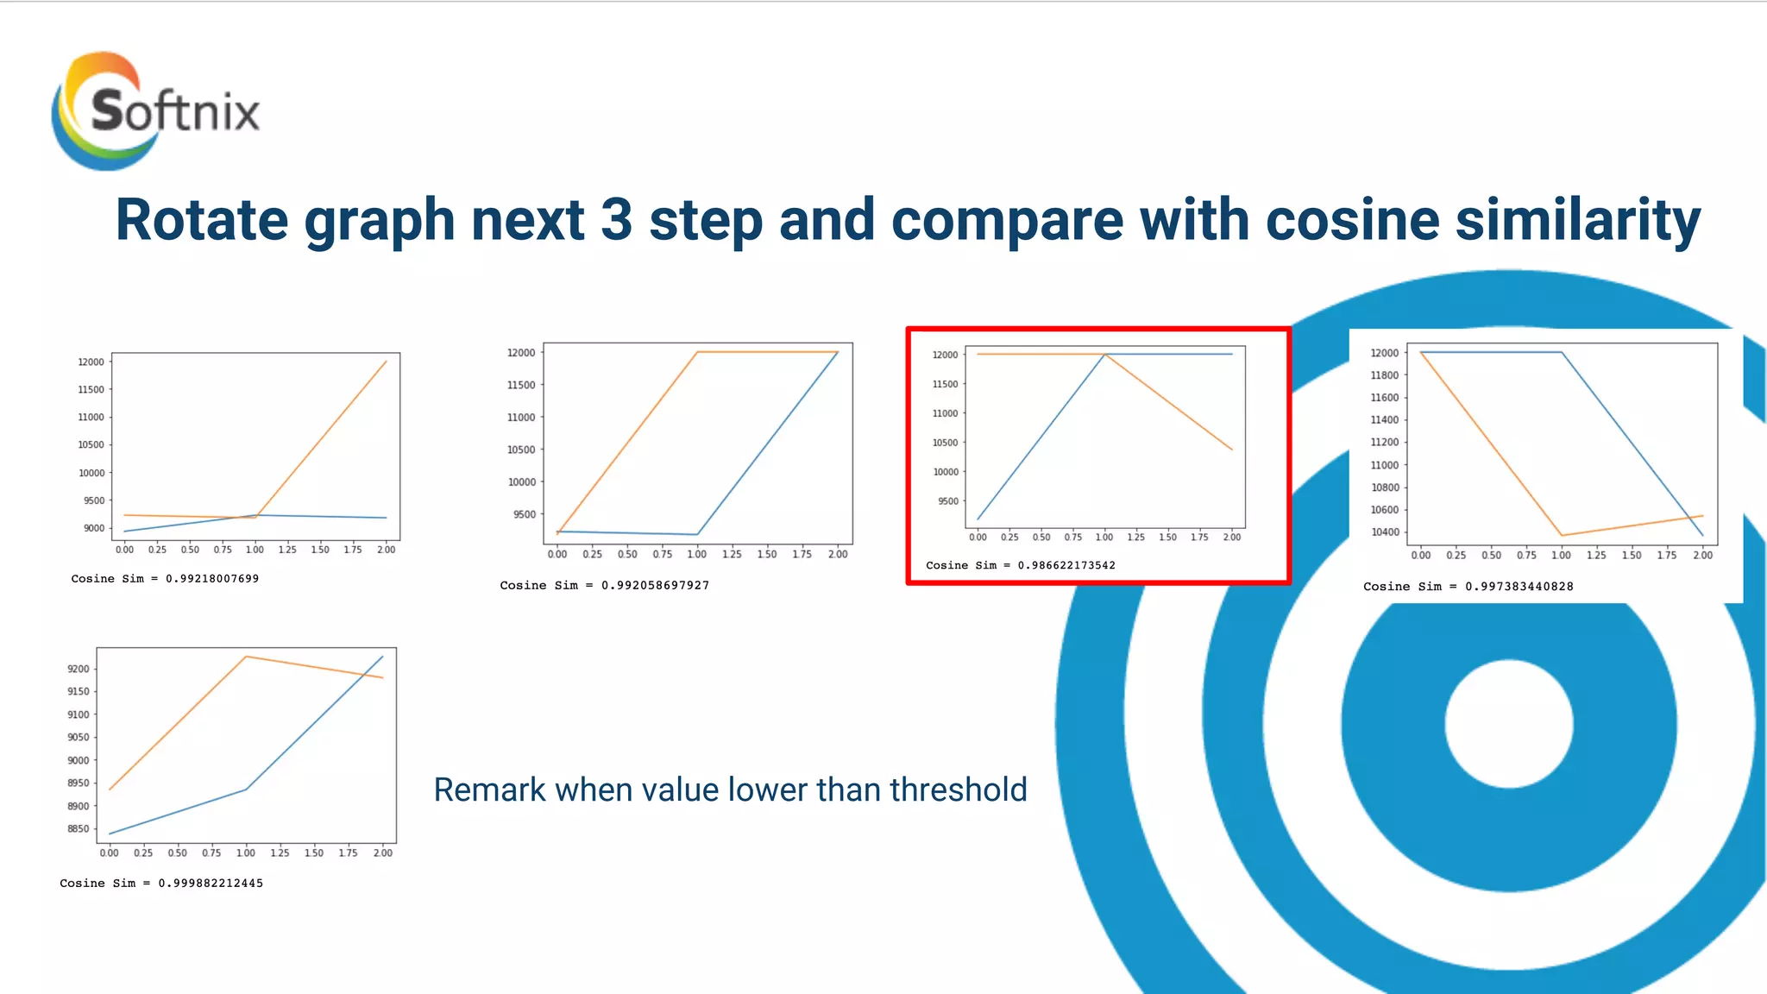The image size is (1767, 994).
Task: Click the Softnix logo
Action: (155, 110)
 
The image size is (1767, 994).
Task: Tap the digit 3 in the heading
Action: (616, 220)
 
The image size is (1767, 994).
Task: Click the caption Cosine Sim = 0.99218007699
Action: (165, 578)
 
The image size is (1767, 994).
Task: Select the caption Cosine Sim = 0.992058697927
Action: (604, 585)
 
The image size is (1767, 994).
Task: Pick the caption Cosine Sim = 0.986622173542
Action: (1020, 565)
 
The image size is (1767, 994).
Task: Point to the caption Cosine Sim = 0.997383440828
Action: (1468, 586)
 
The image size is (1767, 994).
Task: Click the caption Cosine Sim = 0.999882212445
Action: (161, 883)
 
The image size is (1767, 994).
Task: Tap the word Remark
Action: (489, 790)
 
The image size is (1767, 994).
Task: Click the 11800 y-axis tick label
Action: (1384, 375)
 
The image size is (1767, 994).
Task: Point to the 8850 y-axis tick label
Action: (78, 829)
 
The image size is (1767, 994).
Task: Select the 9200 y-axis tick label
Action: (78, 669)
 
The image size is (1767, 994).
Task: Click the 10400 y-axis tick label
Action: (1384, 532)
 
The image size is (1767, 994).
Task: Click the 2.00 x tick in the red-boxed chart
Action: (1231, 537)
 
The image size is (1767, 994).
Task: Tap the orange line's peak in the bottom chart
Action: (246, 657)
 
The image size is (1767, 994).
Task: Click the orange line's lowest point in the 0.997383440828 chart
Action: (1562, 535)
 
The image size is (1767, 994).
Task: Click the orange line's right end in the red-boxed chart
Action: (1231, 449)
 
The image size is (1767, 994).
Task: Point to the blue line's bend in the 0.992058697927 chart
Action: (697, 534)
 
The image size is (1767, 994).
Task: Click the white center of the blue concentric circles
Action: (1508, 723)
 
